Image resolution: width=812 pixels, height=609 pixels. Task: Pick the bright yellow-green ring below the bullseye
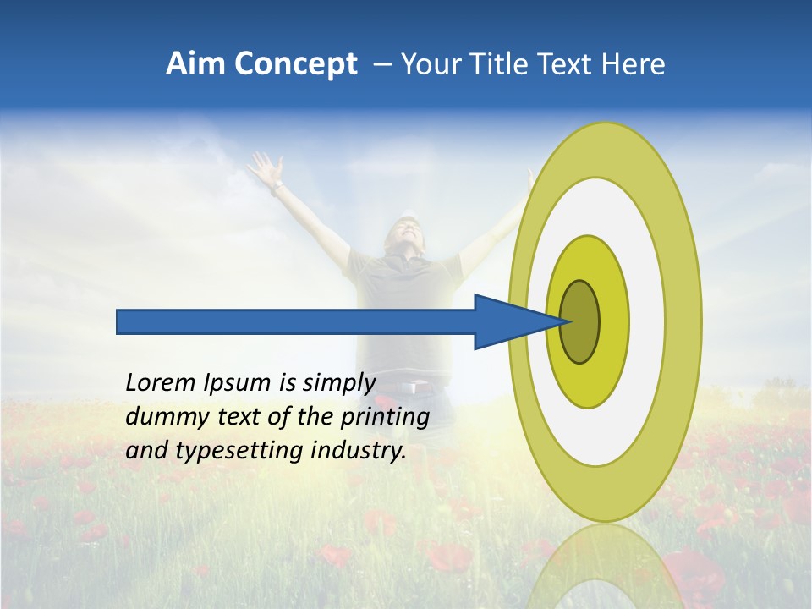click(x=587, y=385)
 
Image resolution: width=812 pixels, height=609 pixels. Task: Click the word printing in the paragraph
click(x=387, y=418)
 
